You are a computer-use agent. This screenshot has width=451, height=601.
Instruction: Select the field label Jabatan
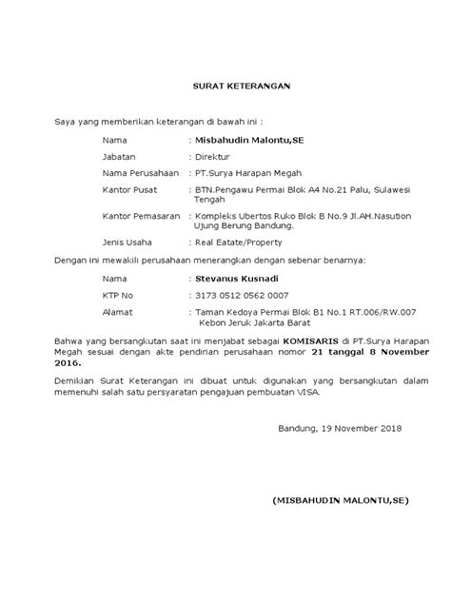122,157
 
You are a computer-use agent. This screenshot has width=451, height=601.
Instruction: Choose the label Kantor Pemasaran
143,217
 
